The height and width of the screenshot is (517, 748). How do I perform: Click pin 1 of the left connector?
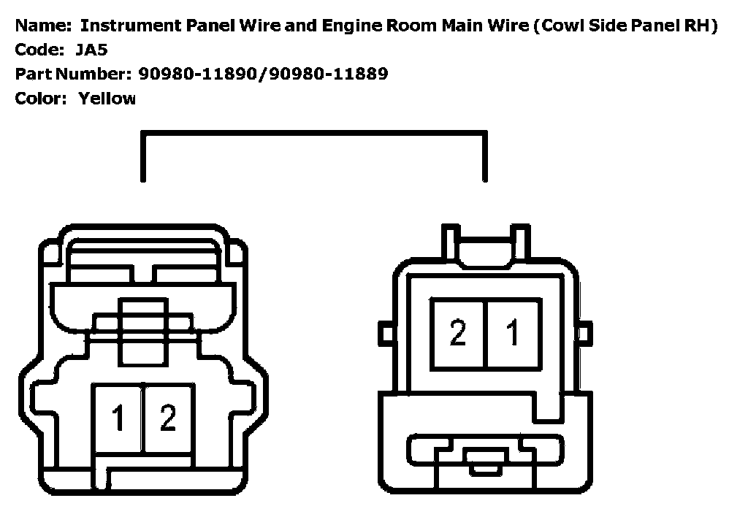pyautogui.click(x=118, y=418)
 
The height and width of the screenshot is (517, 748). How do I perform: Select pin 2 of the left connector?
pyautogui.click(x=168, y=418)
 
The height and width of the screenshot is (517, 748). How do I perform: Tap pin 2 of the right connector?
pyautogui.click(x=458, y=333)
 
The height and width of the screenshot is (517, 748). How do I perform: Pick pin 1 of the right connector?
pyautogui.click(x=513, y=333)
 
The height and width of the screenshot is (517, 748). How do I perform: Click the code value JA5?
pyautogui.click(x=91, y=50)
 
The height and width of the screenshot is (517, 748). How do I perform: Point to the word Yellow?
pyautogui.click(x=107, y=98)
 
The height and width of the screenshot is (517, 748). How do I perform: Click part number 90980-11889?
pyautogui.click(x=329, y=74)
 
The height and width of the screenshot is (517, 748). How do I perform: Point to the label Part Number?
pyautogui.click(x=72, y=74)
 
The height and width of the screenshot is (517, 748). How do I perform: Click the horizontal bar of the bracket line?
pyautogui.click(x=314, y=134)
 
